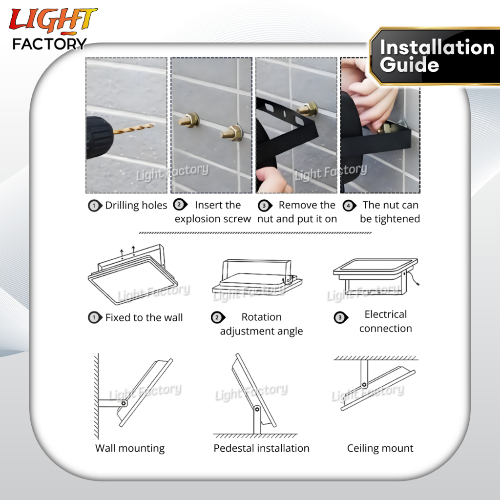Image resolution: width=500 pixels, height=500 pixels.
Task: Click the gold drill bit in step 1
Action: coord(134,128)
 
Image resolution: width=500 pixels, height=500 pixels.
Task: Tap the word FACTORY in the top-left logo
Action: coord(49,44)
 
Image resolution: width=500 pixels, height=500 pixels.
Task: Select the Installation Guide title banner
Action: coord(435,57)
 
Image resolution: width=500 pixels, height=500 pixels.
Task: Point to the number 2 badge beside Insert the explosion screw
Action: coord(180,205)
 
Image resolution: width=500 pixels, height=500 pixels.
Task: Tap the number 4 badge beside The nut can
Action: coord(350,206)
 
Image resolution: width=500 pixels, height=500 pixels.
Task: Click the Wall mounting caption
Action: coord(130,448)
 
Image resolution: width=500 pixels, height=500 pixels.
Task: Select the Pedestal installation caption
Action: coord(262,448)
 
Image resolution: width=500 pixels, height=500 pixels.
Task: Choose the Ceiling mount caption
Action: coord(380,448)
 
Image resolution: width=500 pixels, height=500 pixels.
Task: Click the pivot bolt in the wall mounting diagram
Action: coord(124,403)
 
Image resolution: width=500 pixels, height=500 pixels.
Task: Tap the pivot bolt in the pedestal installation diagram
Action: coord(257,409)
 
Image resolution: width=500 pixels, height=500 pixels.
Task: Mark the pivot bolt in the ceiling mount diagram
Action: coord(364,385)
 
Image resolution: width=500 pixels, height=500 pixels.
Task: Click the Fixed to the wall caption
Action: coord(144,317)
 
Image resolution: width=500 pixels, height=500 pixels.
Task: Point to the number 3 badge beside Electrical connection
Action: coord(340,317)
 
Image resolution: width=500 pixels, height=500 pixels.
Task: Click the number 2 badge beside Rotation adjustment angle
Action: coord(218,317)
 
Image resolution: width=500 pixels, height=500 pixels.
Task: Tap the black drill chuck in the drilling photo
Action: coord(99,137)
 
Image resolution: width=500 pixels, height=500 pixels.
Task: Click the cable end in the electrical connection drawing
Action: coord(417,284)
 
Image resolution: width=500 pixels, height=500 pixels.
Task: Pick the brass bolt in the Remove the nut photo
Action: coord(308,109)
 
